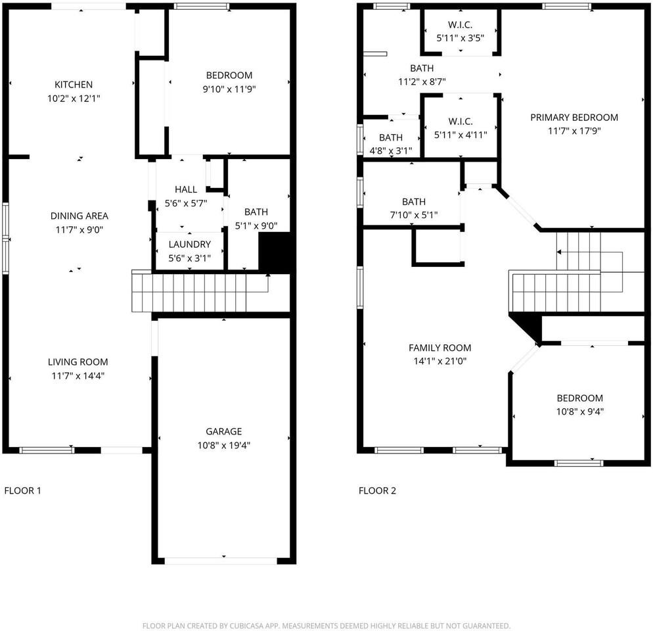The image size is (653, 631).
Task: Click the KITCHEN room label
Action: click(74, 85)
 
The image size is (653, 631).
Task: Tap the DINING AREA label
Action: click(79, 216)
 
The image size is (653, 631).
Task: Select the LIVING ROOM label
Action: click(78, 362)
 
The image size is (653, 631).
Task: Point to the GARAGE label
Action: click(223, 431)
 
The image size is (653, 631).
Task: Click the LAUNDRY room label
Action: click(189, 245)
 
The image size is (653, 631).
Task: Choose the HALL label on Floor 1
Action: click(186, 190)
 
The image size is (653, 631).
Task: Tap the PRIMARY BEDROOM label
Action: click(574, 118)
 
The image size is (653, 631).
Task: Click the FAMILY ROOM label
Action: click(439, 348)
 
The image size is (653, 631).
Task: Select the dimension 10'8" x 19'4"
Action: click(223, 445)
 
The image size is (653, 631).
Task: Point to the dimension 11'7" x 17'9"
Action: click(574, 131)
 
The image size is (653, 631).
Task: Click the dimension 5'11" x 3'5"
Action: click(460, 38)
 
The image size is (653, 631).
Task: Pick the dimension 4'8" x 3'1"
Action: click(391, 151)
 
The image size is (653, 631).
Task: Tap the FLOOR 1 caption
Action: click(22, 490)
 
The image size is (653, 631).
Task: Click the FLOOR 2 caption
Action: click(377, 490)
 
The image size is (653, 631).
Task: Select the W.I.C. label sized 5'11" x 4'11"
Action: click(460, 122)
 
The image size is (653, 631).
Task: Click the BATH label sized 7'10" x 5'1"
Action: click(413, 202)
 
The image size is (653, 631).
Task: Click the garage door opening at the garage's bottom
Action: click(221, 561)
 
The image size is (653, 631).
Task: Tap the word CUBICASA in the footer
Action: click(248, 626)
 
